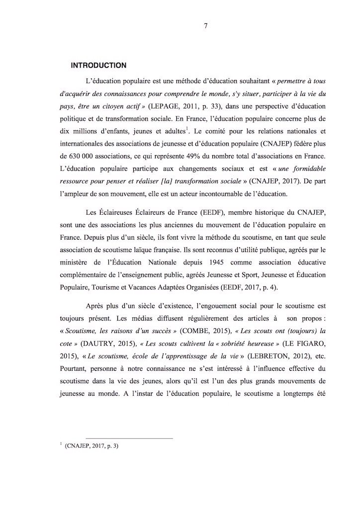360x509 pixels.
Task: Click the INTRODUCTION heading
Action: pos(98,65)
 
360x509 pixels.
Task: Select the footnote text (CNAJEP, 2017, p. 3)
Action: pos(91,446)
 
